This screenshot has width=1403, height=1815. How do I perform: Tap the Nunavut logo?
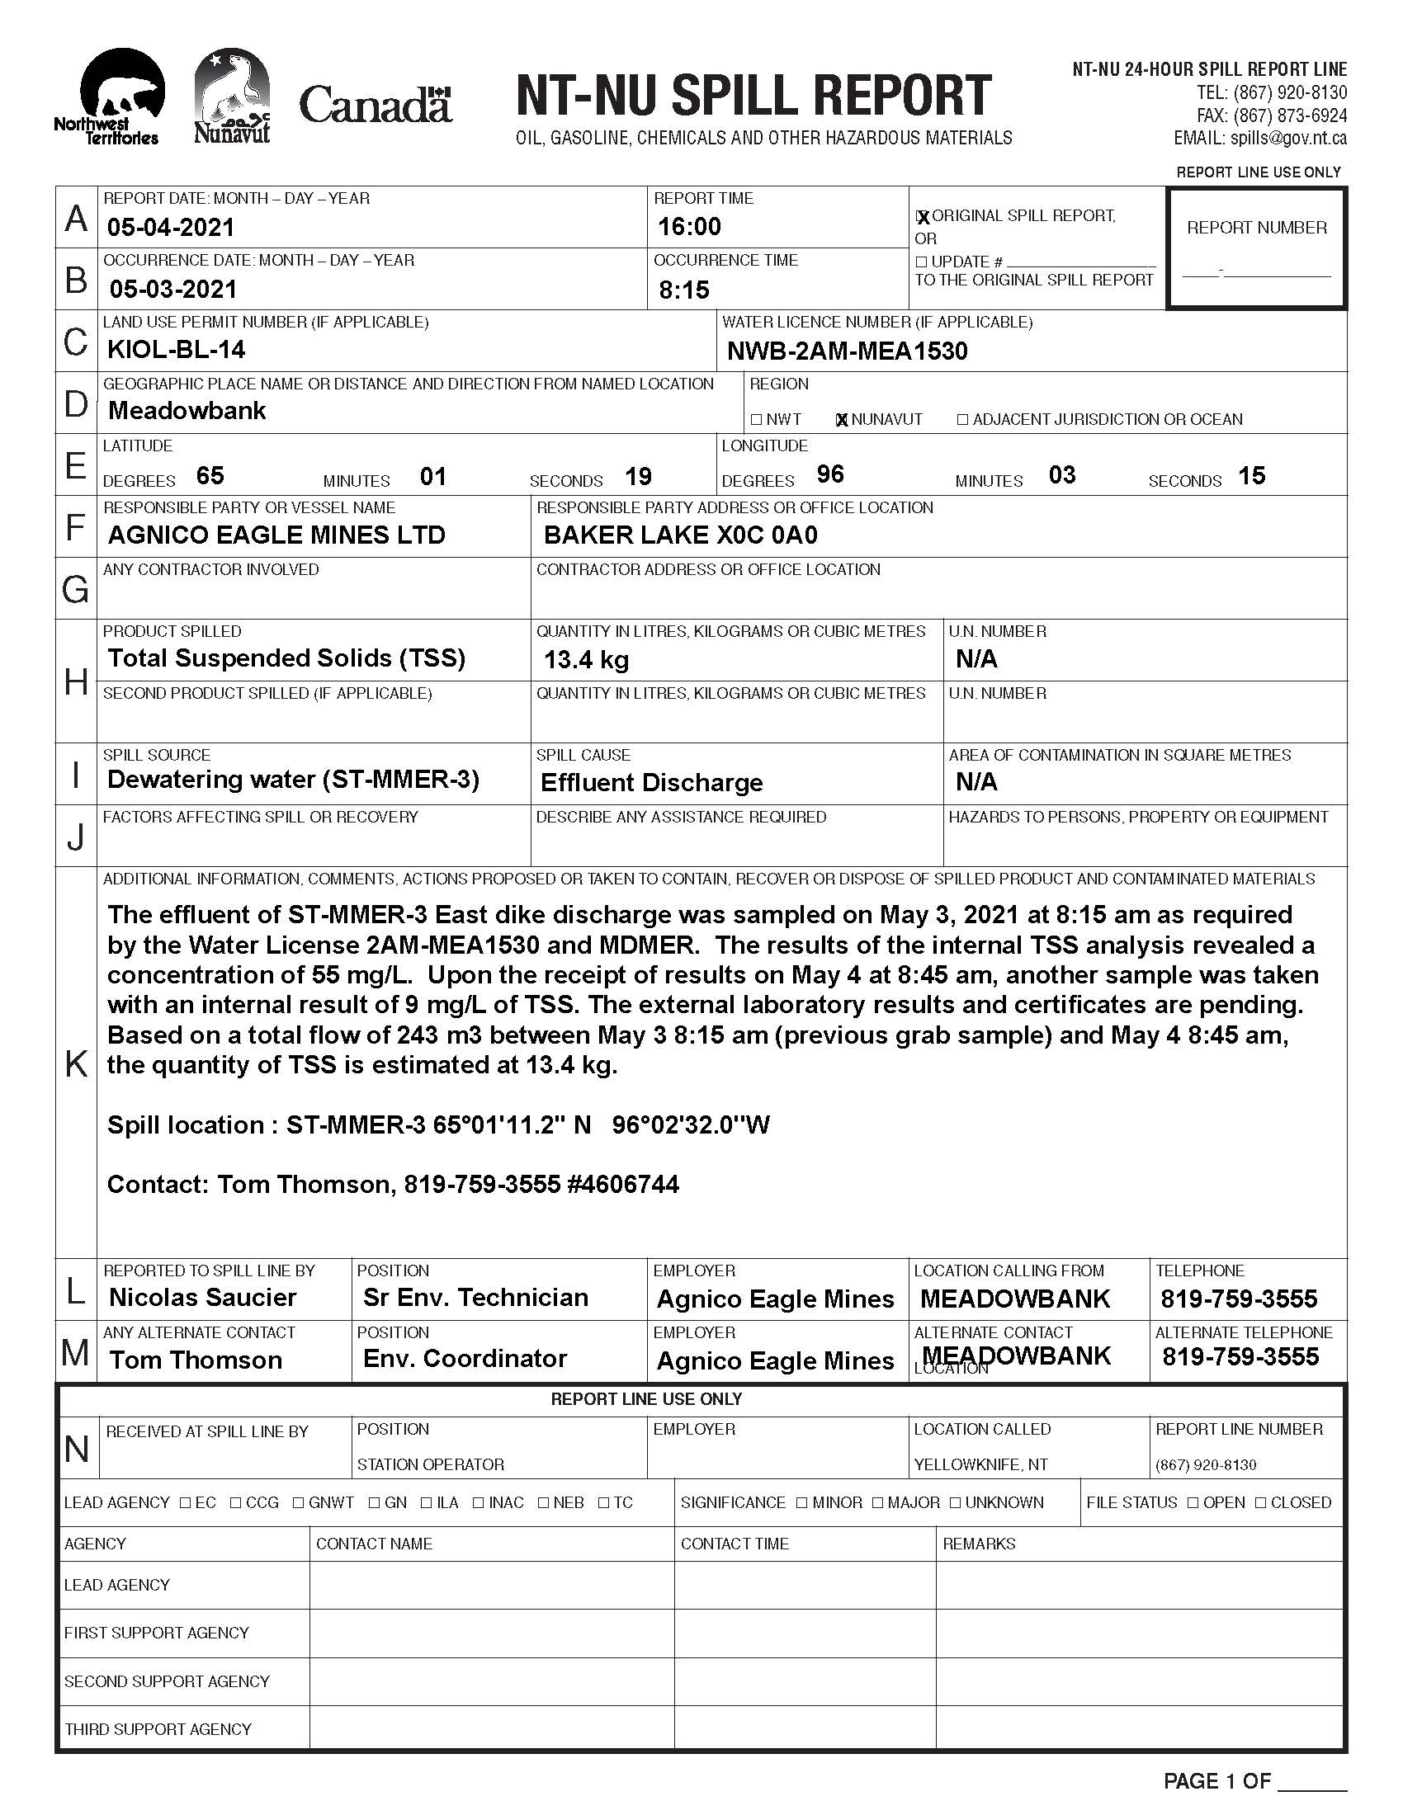point(232,96)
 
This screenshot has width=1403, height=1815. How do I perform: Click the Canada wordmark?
point(375,106)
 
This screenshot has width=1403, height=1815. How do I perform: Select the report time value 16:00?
point(690,226)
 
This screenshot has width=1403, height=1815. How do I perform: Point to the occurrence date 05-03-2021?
point(172,290)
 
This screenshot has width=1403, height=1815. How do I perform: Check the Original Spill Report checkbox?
point(922,217)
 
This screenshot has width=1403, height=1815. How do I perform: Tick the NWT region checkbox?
point(756,420)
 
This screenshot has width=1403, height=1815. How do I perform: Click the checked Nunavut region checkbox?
point(842,420)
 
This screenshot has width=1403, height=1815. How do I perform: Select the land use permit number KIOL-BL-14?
point(177,350)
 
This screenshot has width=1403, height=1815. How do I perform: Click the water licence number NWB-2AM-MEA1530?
point(847,351)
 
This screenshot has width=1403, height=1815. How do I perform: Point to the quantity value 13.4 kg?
point(586,660)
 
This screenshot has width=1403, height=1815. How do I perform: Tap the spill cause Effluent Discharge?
point(652,783)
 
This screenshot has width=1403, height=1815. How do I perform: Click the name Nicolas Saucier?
point(203,1297)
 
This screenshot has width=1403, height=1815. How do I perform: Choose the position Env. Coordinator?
point(465,1359)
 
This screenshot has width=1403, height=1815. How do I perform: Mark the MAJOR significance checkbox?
point(878,1502)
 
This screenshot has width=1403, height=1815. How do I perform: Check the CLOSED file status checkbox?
point(1261,1502)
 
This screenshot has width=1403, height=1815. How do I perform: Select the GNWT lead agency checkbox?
point(299,1502)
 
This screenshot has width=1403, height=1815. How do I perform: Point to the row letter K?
point(76,1063)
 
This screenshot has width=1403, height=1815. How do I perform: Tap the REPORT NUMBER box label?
point(1257,228)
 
